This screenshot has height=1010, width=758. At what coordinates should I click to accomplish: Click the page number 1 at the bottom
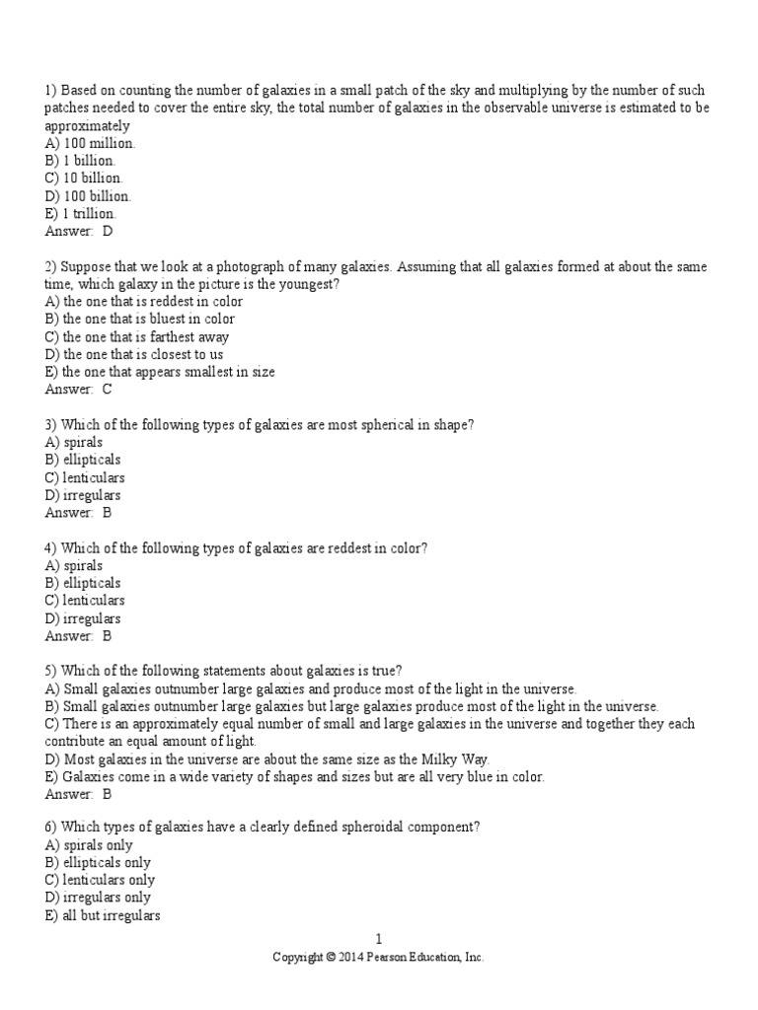[x=378, y=940]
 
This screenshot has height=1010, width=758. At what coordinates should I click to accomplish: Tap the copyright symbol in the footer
[x=332, y=958]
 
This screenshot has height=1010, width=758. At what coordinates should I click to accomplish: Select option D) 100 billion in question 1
[x=88, y=196]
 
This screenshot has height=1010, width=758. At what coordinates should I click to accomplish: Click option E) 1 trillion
[x=80, y=214]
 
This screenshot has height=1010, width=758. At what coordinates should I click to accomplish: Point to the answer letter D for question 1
[x=108, y=232]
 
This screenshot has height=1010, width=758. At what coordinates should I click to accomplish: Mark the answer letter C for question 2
[x=108, y=390]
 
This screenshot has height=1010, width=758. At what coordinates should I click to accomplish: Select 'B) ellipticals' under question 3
[x=83, y=460]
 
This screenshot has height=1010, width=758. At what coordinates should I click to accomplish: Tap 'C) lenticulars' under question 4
[x=85, y=601]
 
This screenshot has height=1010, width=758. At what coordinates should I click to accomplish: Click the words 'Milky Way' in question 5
[x=455, y=759]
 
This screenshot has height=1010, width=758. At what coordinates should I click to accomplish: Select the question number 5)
[x=51, y=672]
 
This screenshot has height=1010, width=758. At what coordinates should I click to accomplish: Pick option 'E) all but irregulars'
[x=103, y=916]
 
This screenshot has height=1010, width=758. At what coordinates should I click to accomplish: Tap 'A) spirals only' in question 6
[x=89, y=845]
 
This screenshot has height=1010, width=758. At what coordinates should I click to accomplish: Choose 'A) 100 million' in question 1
[x=90, y=144]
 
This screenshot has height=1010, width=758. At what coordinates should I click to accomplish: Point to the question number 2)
[x=51, y=267]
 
